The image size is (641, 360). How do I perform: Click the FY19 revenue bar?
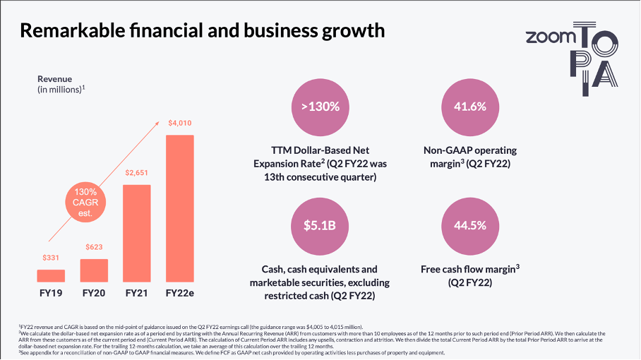click(51, 275)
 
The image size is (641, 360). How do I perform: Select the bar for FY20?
click(94, 270)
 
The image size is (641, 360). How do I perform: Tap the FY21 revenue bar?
click(136, 233)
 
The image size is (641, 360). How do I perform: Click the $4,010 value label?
click(179, 124)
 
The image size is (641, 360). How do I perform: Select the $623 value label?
click(94, 247)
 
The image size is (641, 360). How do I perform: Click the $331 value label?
click(51, 258)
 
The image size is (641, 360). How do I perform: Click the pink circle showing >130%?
click(320, 107)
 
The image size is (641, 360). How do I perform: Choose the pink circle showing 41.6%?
click(469, 107)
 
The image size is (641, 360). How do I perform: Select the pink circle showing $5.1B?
click(320, 226)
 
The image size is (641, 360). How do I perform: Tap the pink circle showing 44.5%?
click(469, 226)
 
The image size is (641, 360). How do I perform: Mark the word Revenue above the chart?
click(55, 79)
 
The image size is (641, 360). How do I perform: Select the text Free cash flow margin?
click(466, 269)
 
